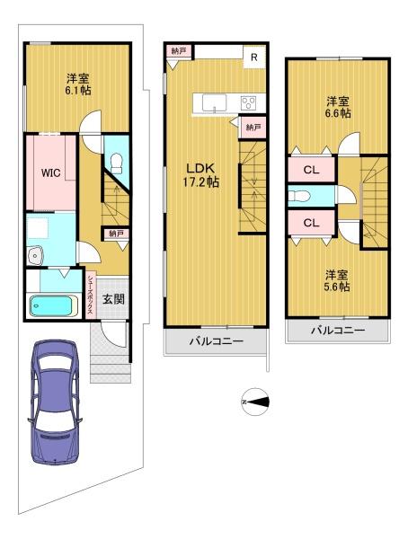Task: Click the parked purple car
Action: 55,402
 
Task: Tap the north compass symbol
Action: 255,402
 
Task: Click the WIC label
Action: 51,172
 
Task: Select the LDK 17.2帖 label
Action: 200,175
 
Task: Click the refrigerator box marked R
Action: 254,57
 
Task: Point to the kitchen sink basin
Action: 214,103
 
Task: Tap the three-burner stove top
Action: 248,102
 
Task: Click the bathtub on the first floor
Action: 53,305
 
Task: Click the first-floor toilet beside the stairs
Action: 117,163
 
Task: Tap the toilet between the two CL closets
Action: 299,197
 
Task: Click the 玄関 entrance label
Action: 113,299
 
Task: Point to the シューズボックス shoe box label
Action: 90,295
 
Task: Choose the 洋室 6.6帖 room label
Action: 339,107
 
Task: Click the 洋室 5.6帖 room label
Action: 338,280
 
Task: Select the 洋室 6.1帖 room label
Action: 78,84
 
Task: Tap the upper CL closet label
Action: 311,170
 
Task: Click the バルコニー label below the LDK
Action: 217,341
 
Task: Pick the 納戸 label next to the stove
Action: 253,128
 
